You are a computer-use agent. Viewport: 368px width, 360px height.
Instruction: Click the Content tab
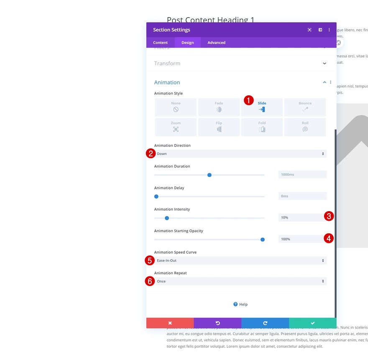click(x=160, y=43)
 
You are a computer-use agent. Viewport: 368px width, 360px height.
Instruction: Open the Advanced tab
click(x=216, y=43)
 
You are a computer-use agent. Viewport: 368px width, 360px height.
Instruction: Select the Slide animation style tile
click(x=262, y=107)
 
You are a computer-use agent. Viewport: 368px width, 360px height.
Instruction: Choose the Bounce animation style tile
click(x=305, y=107)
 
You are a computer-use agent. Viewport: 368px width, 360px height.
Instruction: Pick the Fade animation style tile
click(x=219, y=107)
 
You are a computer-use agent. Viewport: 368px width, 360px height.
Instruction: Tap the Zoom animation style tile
click(x=176, y=127)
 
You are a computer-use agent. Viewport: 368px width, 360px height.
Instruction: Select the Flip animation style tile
click(x=219, y=127)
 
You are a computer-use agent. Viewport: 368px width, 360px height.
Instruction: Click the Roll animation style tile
click(x=305, y=127)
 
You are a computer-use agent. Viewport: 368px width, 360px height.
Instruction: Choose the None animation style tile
click(x=176, y=107)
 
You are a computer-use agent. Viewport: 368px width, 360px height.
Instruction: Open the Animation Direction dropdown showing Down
click(x=240, y=154)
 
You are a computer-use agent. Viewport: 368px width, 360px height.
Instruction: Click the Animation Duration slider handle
click(x=210, y=175)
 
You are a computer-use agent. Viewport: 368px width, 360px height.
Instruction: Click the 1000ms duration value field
click(x=302, y=174)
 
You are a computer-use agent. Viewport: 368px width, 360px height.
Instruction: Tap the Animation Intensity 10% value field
click(x=300, y=217)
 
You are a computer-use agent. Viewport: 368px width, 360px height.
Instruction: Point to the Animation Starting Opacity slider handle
click(x=263, y=240)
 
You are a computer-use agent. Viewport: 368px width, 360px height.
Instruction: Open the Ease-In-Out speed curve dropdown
click(x=240, y=260)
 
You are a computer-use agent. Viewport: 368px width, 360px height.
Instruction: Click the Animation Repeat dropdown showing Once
click(x=240, y=281)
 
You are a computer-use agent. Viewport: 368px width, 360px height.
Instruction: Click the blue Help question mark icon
click(x=235, y=304)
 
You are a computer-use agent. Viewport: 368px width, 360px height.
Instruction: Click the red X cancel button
click(x=170, y=323)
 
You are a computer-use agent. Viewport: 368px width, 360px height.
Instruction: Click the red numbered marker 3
click(x=329, y=216)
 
